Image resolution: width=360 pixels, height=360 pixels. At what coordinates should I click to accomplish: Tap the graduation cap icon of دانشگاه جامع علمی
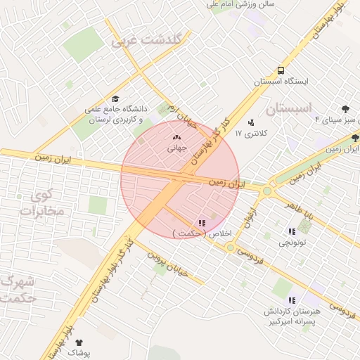[x=115, y=99]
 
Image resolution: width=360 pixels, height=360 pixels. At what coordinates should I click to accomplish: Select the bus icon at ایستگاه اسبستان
[x=281, y=71]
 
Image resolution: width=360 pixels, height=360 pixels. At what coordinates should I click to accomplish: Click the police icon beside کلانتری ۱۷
[x=251, y=122]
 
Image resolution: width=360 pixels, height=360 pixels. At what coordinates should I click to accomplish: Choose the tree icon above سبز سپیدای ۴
[x=345, y=109]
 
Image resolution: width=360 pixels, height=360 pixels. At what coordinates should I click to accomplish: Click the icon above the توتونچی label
[x=291, y=231]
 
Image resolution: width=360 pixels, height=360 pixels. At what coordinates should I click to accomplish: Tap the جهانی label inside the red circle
[x=176, y=148]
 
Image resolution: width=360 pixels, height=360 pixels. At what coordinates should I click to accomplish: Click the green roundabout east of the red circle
[x=266, y=191]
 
